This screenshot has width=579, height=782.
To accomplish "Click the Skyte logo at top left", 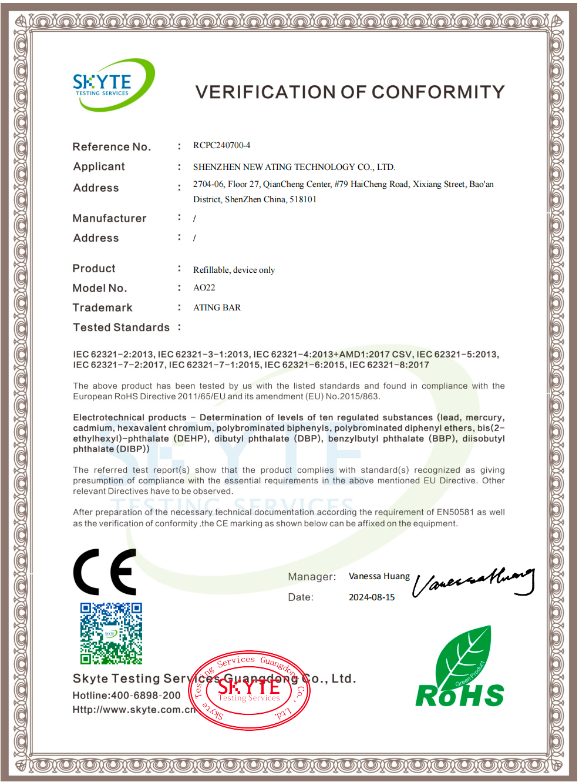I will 112,85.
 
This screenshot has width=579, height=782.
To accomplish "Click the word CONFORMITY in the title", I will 438,92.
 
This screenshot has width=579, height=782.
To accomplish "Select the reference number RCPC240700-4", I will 221,145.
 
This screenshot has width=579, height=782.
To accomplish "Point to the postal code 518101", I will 303,199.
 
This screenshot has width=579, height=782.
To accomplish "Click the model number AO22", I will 204,288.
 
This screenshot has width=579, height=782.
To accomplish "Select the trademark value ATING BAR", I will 217,308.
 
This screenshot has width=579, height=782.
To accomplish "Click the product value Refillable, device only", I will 234,270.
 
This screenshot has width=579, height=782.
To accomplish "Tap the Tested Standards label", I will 121,327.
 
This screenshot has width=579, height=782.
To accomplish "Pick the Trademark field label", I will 102,308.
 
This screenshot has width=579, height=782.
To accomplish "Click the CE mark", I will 105,572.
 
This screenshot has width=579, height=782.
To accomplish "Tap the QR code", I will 111,633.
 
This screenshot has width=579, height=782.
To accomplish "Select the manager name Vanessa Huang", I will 379,576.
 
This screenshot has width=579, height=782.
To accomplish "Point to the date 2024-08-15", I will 372,597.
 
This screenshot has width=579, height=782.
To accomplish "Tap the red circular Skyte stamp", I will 250,690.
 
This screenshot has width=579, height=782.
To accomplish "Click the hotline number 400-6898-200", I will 146,695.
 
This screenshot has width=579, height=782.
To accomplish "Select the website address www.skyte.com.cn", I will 144,710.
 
